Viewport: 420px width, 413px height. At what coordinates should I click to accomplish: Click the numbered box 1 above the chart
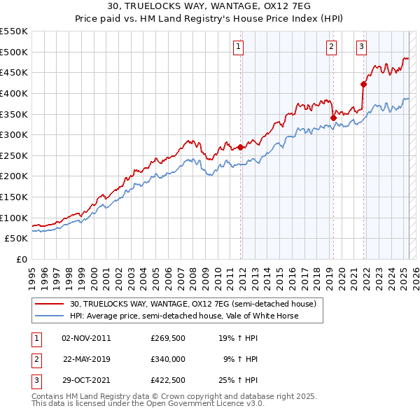(x=238, y=47)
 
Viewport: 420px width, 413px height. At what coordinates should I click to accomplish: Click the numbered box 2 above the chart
(x=331, y=47)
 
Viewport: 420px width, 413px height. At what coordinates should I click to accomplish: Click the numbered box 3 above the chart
(x=361, y=47)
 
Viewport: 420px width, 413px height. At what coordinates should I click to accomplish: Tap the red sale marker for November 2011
(x=240, y=147)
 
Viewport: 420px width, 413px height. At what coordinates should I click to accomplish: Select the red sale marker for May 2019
(x=333, y=118)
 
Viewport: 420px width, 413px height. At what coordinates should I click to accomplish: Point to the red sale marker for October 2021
(x=363, y=84)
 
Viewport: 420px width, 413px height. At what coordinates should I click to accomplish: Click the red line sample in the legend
(x=49, y=304)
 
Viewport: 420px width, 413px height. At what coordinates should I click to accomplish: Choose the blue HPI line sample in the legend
(x=49, y=316)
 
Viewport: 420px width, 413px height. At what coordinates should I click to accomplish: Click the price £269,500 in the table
(x=167, y=337)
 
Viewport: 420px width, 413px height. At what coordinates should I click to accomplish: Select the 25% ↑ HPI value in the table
(x=238, y=381)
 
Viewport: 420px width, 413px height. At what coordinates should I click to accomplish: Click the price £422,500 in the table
(x=167, y=381)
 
